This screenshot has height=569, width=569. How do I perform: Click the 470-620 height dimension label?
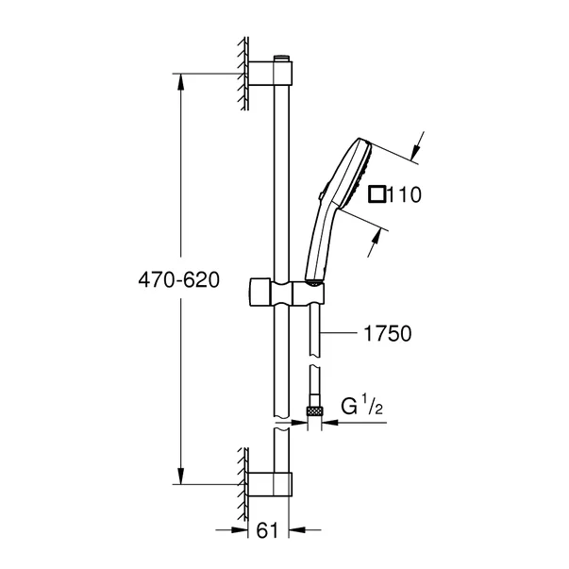tap(176, 280)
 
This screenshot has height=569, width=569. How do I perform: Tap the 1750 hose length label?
tap(387, 332)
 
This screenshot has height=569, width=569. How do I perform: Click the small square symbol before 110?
tap(377, 194)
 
